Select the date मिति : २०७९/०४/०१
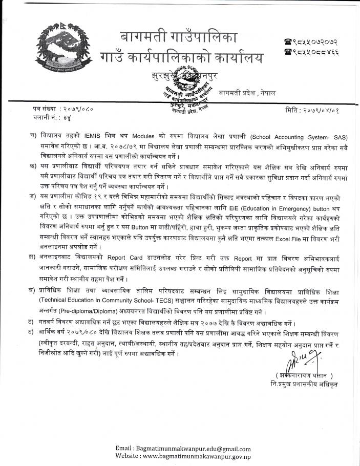(x=313, y=110)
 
